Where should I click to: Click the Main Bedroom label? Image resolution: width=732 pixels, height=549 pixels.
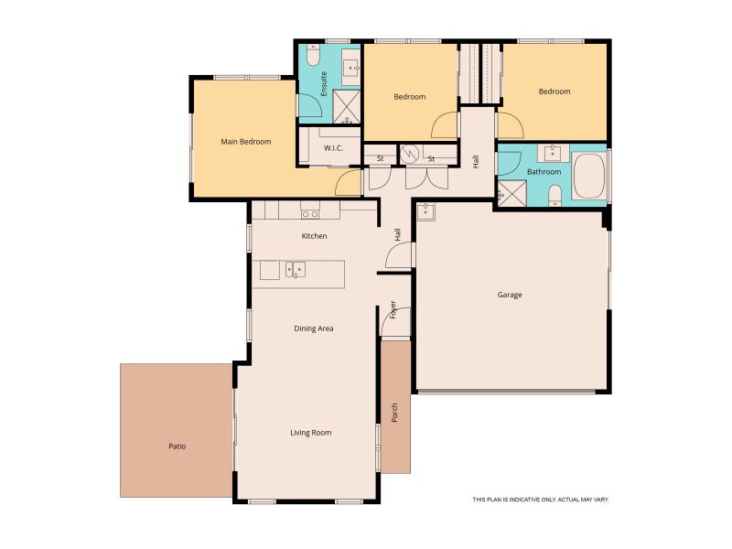(245, 142)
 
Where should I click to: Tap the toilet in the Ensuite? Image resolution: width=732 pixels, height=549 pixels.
(313, 56)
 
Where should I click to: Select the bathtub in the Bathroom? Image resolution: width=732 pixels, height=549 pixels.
(588, 176)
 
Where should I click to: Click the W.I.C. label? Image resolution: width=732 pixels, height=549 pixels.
(333, 148)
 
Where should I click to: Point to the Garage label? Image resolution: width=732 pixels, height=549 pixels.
(510, 295)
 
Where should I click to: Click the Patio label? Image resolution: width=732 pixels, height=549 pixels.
(177, 447)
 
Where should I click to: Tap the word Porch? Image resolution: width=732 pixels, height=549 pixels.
(394, 413)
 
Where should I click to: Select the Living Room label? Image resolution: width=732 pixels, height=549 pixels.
(311, 433)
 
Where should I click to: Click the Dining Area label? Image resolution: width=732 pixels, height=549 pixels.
(314, 328)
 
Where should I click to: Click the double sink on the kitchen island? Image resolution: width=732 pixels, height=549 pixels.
(296, 269)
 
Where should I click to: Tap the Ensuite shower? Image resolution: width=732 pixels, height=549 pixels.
(347, 107)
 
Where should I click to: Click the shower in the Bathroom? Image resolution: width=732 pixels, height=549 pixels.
(512, 193)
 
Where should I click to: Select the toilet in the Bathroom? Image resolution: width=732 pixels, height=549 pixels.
(555, 195)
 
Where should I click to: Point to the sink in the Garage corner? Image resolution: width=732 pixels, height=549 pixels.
(425, 211)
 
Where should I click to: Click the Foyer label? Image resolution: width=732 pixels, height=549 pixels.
(393, 309)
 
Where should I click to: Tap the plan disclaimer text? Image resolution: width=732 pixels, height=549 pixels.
(541, 500)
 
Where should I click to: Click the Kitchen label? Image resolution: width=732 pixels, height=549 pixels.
(314, 236)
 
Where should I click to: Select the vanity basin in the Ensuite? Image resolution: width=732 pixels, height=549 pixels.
(350, 67)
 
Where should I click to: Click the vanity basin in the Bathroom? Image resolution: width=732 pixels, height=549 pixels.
(553, 152)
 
